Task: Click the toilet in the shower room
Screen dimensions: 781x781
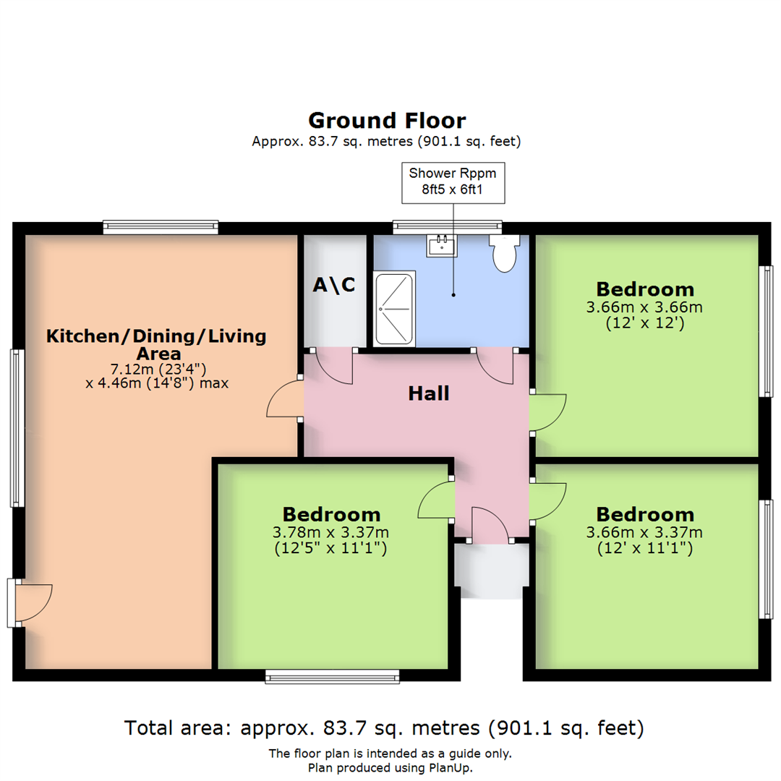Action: click(505, 253)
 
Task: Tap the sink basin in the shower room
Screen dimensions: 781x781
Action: click(441, 246)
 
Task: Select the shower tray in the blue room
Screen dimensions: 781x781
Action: click(395, 308)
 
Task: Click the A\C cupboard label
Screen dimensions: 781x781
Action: click(334, 284)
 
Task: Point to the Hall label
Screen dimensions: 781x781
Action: click(429, 393)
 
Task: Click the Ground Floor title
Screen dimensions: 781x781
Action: click(387, 121)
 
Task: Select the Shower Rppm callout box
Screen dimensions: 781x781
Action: click(453, 183)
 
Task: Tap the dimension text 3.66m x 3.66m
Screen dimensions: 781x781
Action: click(644, 307)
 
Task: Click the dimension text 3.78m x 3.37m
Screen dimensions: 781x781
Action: click(330, 532)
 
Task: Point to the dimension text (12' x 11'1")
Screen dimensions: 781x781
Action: click(645, 548)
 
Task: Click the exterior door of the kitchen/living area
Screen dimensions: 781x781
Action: click(30, 602)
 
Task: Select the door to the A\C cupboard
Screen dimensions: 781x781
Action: click(331, 366)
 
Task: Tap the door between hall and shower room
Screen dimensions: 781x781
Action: click(495, 366)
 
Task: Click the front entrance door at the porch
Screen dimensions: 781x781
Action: click(490, 525)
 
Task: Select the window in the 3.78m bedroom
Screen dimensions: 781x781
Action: click(332, 676)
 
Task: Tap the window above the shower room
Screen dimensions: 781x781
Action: click(448, 227)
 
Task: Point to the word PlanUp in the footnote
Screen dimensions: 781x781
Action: click(449, 767)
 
